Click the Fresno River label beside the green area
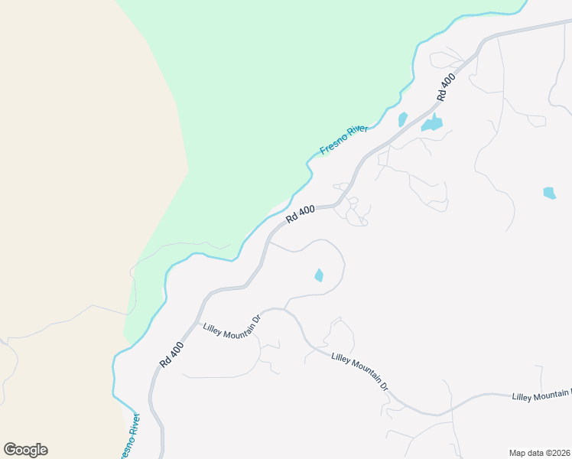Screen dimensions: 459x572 (344, 140)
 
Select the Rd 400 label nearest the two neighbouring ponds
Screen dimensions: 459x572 (446, 86)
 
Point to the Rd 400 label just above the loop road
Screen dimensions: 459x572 (301, 213)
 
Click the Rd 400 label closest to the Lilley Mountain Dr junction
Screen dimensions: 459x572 (171, 353)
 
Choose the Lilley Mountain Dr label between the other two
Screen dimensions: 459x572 (361, 372)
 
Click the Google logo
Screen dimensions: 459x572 (25, 450)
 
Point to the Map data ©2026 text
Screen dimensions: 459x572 (539, 453)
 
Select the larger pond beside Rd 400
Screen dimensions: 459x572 (432, 124)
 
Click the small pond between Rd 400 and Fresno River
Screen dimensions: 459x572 (402, 119)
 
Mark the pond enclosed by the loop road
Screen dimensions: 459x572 (319, 275)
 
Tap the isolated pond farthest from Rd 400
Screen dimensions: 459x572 (549, 193)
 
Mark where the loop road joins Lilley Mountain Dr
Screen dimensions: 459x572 (284, 309)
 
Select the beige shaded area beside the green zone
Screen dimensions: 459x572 (69, 191)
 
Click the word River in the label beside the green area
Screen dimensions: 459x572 (357, 132)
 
